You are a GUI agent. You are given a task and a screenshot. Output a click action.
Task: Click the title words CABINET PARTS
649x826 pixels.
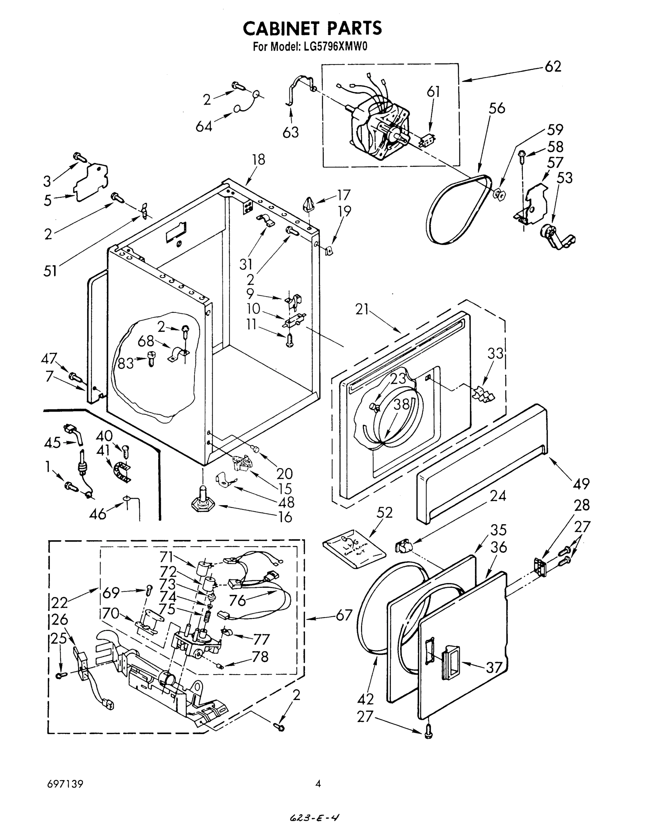click(x=312, y=28)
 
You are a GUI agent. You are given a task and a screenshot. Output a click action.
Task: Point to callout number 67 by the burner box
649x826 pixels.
click(x=343, y=615)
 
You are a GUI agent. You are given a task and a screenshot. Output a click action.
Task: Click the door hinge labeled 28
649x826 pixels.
click(x=539, y=567)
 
